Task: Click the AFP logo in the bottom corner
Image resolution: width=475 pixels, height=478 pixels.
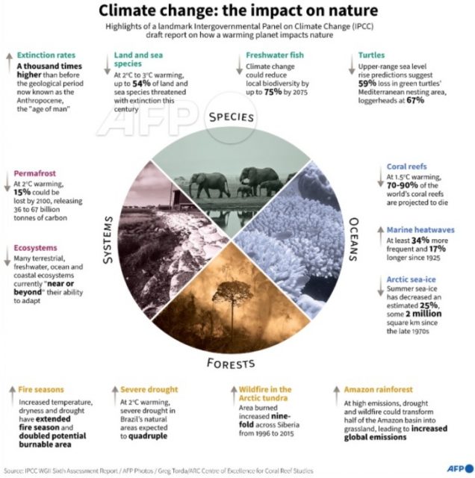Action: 456,468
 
